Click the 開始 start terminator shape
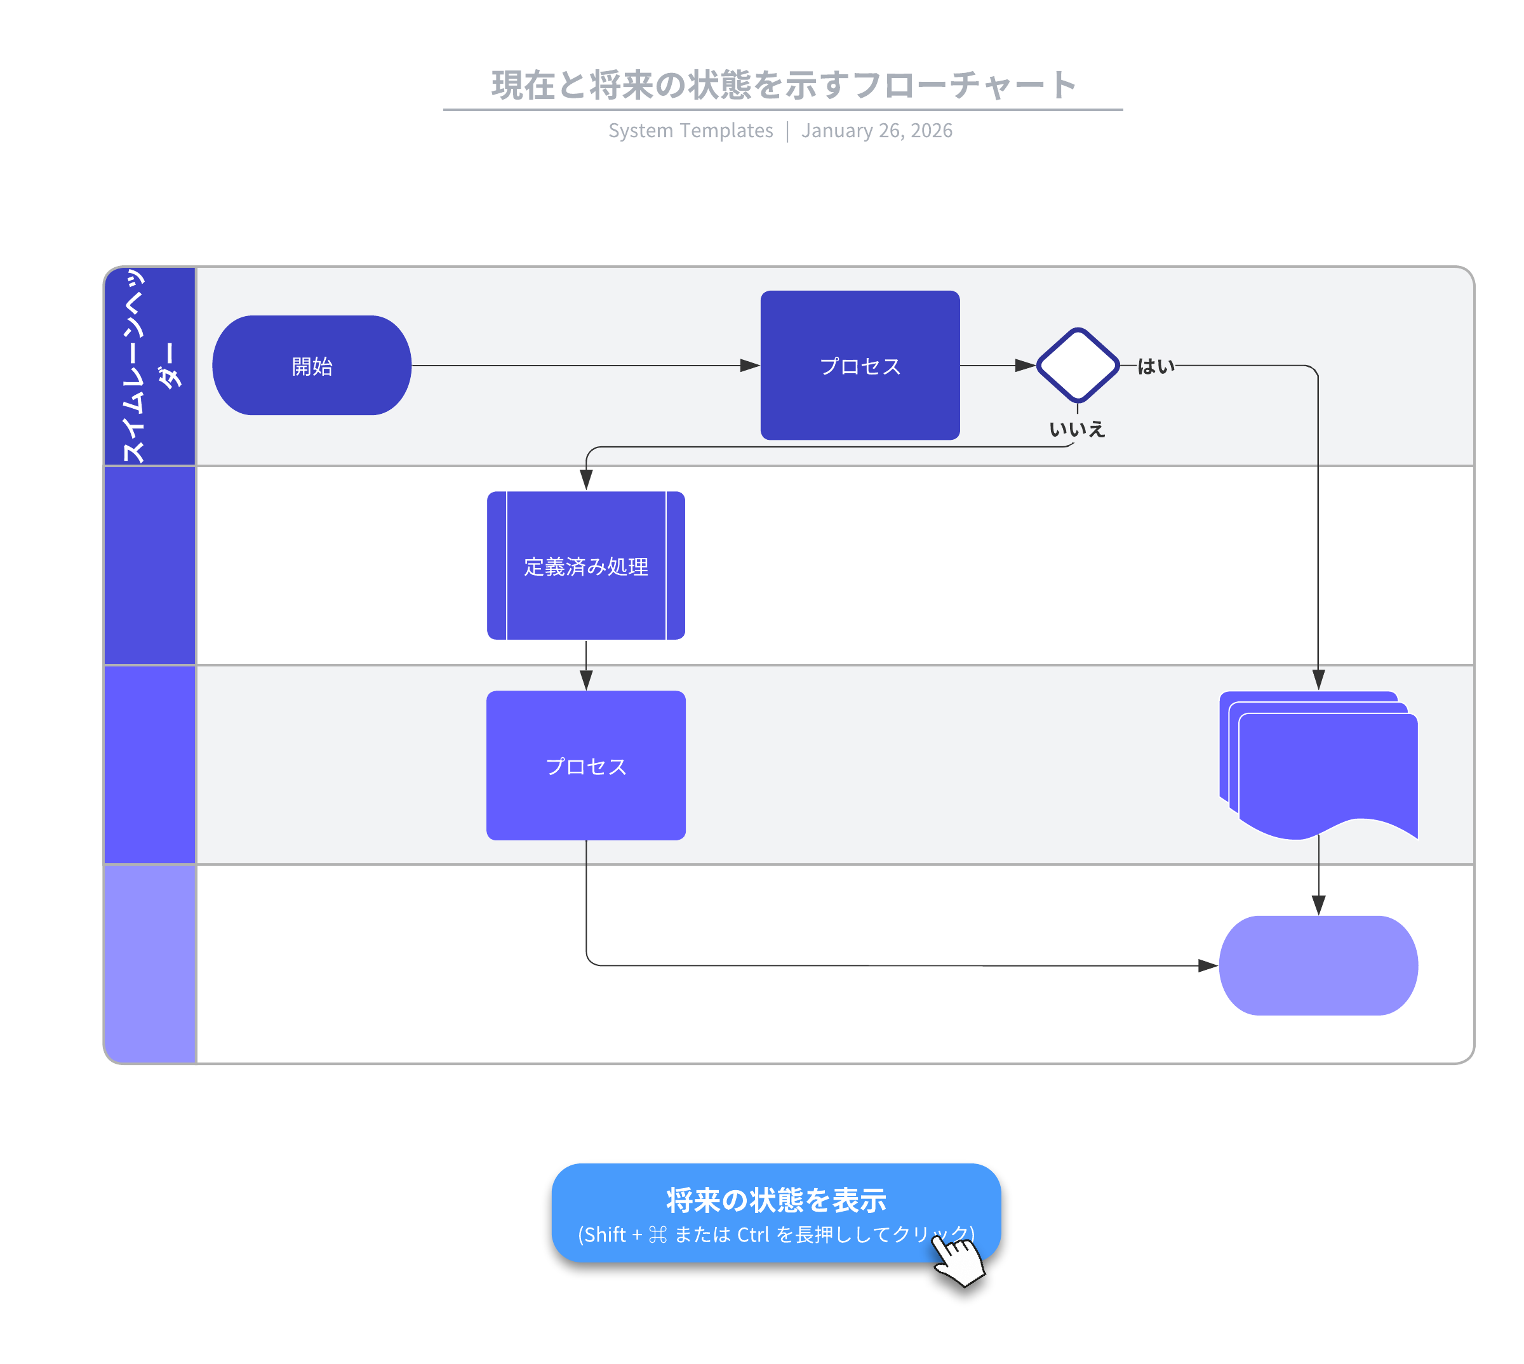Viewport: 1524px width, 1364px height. (311, 366)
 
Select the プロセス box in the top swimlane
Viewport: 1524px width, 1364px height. (859, 366)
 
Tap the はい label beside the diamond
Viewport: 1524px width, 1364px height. (1155, 366)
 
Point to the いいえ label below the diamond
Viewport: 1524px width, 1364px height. (1076, 430)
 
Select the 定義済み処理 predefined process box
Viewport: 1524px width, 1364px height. (585, 566)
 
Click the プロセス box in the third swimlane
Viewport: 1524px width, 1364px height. (585, 765)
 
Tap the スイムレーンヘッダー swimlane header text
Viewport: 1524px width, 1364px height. (149, 366)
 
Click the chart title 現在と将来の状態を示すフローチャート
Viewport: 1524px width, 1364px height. (784, 84)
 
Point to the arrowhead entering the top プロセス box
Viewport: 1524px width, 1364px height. (751, 366)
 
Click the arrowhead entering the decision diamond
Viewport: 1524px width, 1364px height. (1025, 366)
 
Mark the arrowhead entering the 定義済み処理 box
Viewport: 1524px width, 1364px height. (586, 480)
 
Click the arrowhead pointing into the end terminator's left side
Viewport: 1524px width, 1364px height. (1208, 966)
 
